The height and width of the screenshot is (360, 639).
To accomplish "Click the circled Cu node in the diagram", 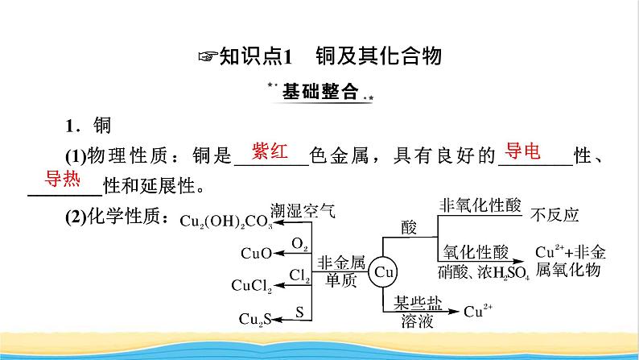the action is click(x=384, y=271).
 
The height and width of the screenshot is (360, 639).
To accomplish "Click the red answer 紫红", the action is click(x=270, y=151).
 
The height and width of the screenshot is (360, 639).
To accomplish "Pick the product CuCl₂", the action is click(x=252, y=284).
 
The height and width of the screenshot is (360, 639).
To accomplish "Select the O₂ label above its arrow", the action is click(x=299, y=243).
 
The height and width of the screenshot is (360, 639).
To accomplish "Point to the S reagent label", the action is click(x=299, y=309).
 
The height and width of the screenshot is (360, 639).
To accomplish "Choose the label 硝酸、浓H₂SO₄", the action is click(x=484, y=271).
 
